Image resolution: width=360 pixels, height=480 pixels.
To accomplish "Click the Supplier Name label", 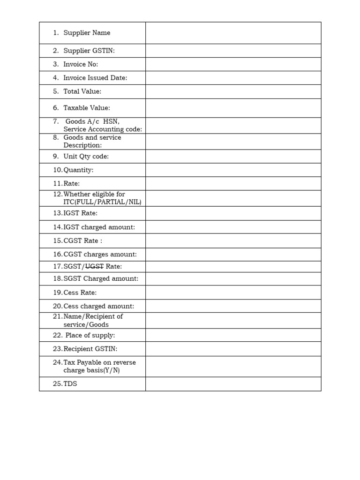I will point(87,33).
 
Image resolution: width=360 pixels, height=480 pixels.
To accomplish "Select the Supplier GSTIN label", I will point(89,51).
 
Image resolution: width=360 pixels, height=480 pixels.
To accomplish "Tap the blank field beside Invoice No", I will point(233,64).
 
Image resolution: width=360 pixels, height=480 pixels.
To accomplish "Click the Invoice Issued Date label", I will point(95,78).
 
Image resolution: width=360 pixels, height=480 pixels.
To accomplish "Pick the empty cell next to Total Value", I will point(233,91).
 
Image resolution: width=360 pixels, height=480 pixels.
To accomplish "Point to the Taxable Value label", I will point(87,108).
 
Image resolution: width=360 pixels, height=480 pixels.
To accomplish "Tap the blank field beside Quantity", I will point(233,170).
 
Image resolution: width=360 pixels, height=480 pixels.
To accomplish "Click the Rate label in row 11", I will point(72,184).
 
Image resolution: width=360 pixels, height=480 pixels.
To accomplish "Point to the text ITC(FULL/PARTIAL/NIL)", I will point(102,202).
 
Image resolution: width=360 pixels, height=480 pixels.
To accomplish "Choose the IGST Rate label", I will point(81,213).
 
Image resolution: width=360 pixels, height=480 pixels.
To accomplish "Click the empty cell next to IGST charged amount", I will point(233,227).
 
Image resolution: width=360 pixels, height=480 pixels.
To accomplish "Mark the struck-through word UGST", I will point(94,266).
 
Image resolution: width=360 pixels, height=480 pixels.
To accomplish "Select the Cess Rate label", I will point(81,292).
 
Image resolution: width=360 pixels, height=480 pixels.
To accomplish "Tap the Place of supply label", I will point(90,335).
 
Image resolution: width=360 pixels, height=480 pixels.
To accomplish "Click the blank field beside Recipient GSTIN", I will point(233,349).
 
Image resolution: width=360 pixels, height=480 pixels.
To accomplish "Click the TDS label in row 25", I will point(70,384).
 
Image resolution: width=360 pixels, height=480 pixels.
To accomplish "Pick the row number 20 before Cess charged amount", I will point(57,306).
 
